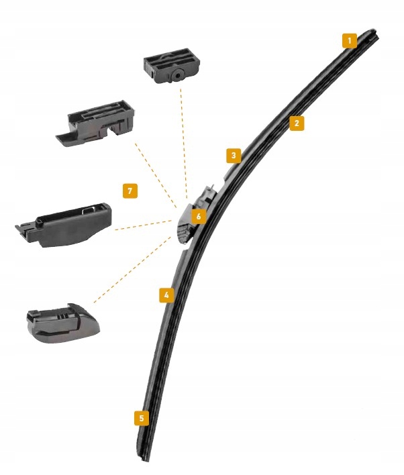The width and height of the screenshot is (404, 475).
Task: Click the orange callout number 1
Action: point(349,40)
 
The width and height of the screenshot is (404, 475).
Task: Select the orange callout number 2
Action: point(297,123)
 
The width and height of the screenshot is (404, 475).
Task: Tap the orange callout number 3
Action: point(233,156)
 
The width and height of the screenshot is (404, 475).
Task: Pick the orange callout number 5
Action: point(141,418)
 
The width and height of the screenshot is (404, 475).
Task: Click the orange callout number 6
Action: point(197,216)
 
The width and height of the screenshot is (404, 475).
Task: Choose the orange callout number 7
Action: point(130,191)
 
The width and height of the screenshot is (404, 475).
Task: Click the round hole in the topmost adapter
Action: point(176,76)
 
